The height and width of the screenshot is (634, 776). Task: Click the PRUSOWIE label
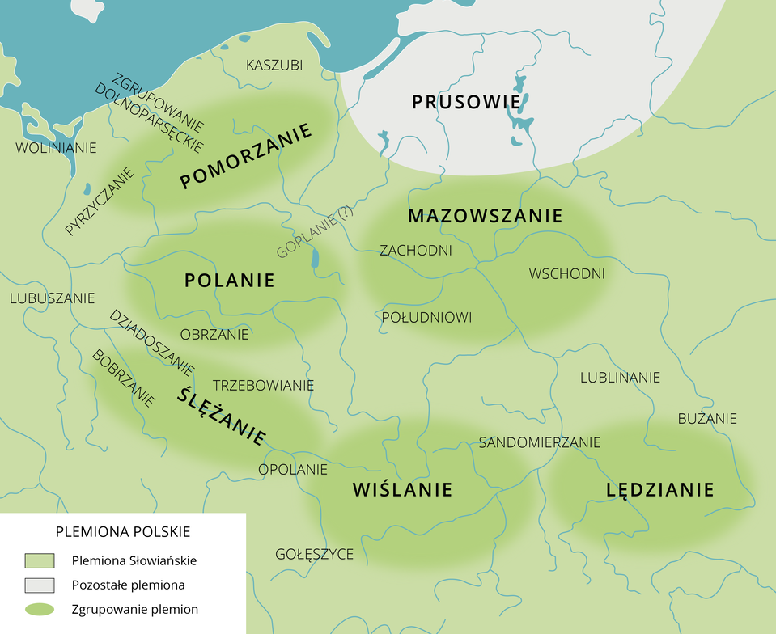465,103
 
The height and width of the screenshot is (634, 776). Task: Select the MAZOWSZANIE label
485,216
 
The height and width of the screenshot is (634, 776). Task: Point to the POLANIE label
230,281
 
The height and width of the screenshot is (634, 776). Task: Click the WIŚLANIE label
402,489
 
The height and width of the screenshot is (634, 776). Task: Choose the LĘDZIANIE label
659,489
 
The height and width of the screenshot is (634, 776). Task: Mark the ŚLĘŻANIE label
222,415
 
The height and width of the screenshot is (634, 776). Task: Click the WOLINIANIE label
56,148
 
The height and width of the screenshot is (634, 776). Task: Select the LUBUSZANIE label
52,298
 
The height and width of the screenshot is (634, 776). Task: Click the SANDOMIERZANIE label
539,442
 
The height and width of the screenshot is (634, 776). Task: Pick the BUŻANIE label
706,418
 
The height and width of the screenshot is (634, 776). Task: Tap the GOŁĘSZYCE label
314,554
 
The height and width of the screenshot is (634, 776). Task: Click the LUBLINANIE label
620,378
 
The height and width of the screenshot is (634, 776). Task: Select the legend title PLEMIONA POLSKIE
122,532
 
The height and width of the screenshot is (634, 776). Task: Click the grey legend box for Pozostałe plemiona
40,585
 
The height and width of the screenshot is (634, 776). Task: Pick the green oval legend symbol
40,610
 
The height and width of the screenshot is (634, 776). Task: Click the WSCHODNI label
566,273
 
